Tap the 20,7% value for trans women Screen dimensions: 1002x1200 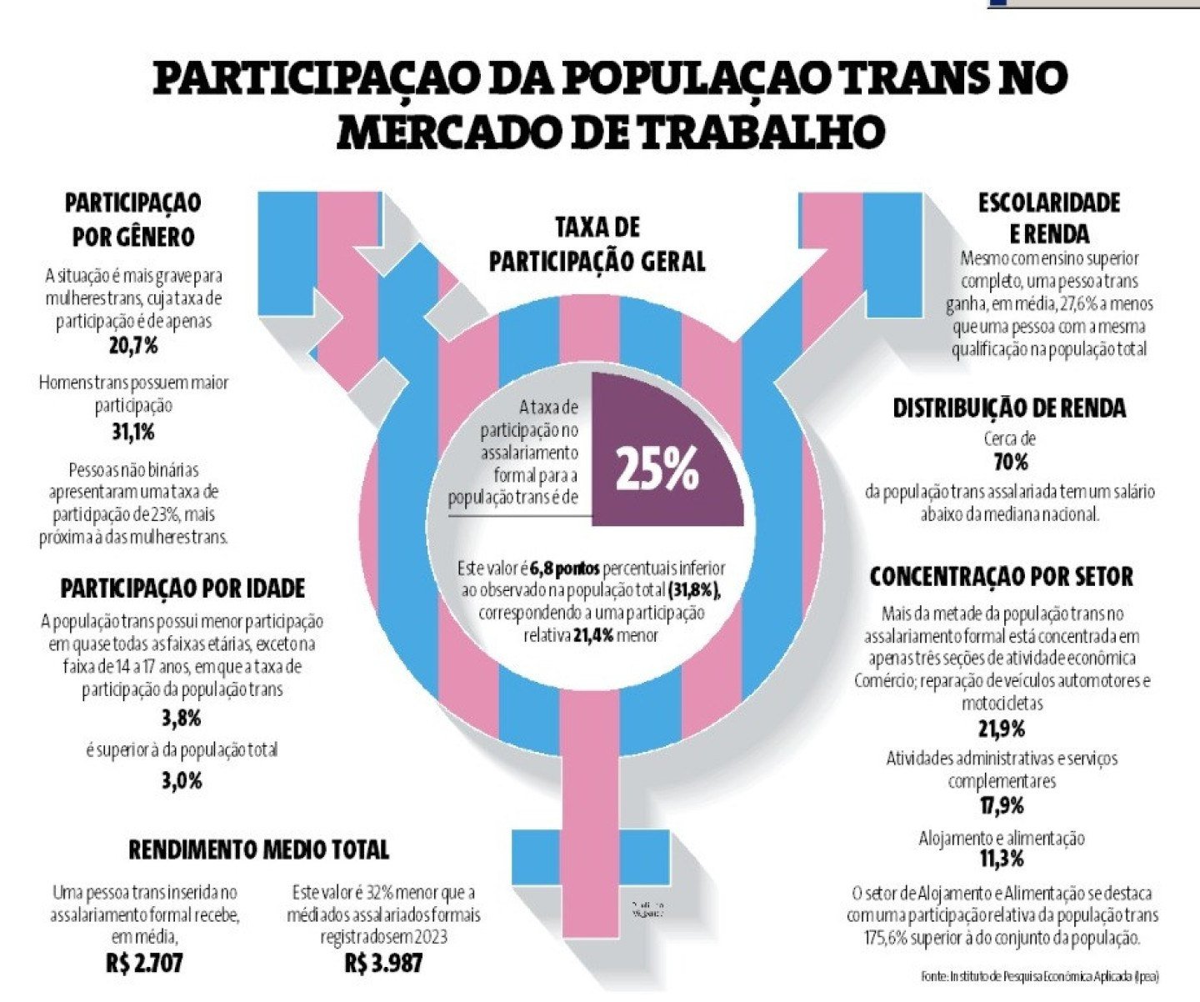pos(133,345)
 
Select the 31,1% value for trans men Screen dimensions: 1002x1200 pos(133,432)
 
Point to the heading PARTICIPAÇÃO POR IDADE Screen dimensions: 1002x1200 pos(182,589)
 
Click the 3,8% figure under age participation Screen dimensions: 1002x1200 pos(181,718)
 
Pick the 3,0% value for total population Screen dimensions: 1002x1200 pos(181,781)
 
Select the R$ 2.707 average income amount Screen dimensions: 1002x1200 pos(144,964)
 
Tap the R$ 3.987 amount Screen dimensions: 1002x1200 pos(383,964)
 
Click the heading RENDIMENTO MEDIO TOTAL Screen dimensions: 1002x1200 pos(258,849)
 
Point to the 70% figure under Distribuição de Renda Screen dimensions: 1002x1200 pos(1010,462)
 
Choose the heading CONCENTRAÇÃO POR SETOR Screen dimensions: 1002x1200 pos(1001,577)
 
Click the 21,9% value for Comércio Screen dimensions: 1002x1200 pos(1001,729)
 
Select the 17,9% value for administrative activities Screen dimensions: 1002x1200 pos(1001,806)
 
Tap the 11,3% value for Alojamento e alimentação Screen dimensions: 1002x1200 pos(1001,859)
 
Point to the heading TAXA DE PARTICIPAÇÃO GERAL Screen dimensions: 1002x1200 pos(597,244)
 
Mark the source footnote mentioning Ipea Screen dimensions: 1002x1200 pos(1039,975)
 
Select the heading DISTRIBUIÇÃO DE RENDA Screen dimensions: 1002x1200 pos(1009,408)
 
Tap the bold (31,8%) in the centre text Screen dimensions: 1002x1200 pos(694,590)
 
